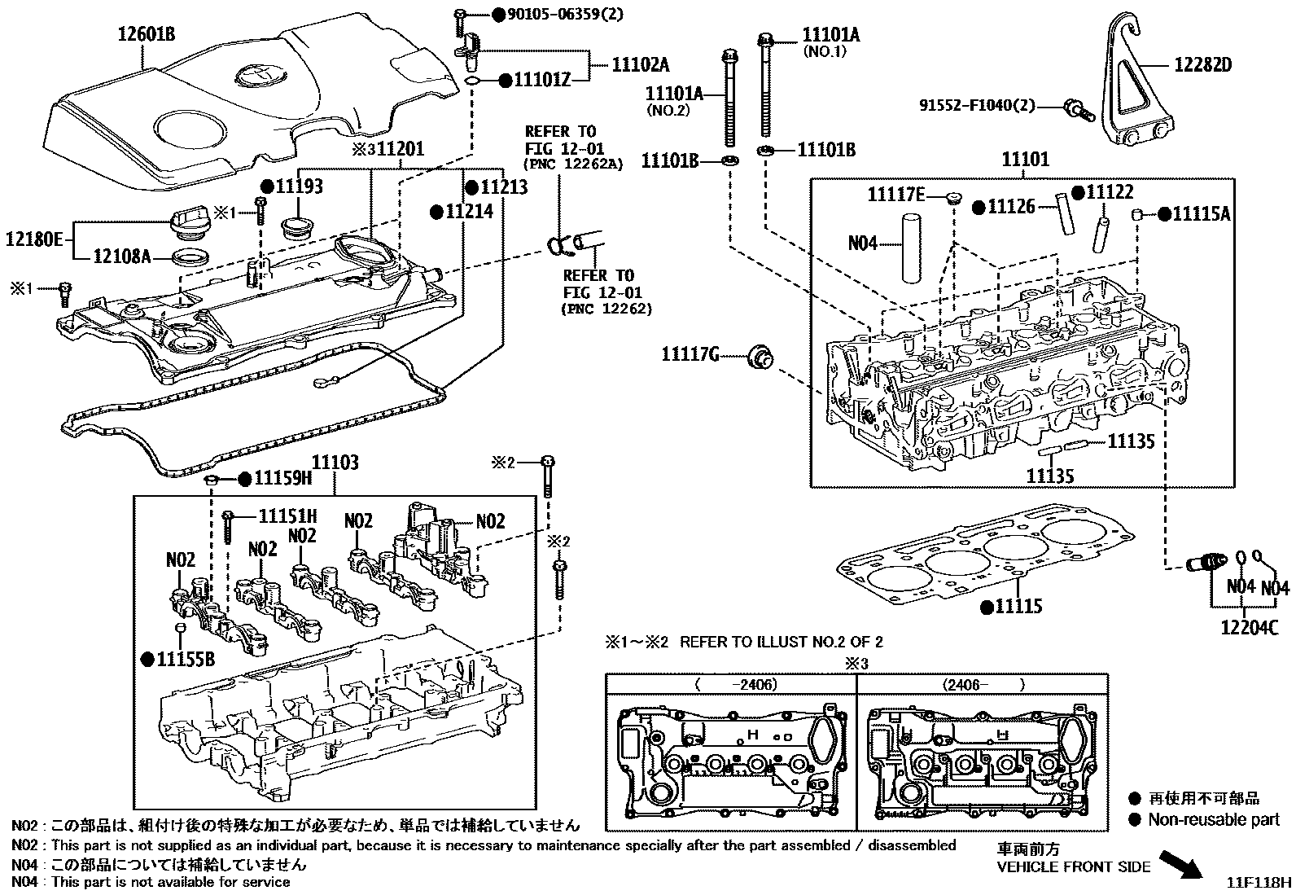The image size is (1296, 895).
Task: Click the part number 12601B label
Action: tap(147, 34)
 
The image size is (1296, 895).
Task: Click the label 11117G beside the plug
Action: tap(690, 354)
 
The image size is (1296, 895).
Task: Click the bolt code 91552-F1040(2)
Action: tap(978, 105)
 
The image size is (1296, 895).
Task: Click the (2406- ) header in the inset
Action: tap(982, 685)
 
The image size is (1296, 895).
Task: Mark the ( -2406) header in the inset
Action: tap(736, 685)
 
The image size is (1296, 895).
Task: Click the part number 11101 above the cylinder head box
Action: tap(1026, 160)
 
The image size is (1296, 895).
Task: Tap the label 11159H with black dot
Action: tap(282, 478)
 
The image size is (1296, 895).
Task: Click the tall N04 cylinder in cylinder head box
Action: tap(910, 249)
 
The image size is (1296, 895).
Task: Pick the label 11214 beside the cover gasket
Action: tap(469, 212)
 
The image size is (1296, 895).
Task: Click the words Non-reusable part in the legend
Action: tap(1213, 820)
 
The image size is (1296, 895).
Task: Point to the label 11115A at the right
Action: tap(1201, 213)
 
